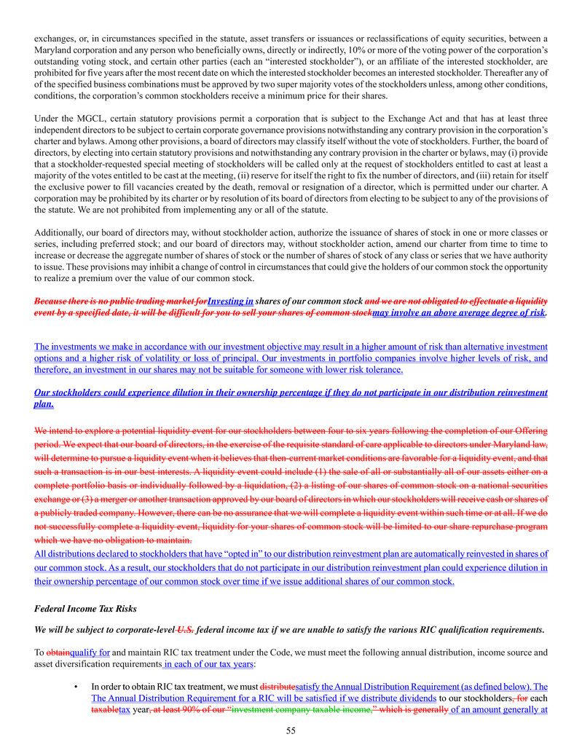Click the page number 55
pos(291,730)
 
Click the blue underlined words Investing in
pos(230,300)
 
